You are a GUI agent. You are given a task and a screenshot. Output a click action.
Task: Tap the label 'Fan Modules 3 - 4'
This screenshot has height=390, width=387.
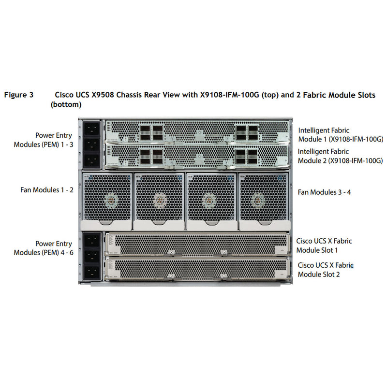click(x=324, y=192)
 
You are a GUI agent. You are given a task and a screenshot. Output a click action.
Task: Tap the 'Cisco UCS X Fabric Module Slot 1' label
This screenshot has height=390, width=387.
click(x=324, y=245)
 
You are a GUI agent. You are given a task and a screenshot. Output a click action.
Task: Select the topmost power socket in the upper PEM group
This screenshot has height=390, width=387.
click(x=92, y=128)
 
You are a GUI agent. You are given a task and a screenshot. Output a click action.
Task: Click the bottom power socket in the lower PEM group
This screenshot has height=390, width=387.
click(x=92, y=272)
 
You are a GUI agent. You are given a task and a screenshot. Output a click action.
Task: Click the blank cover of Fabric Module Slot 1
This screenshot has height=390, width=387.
click(x=196, y=244)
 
